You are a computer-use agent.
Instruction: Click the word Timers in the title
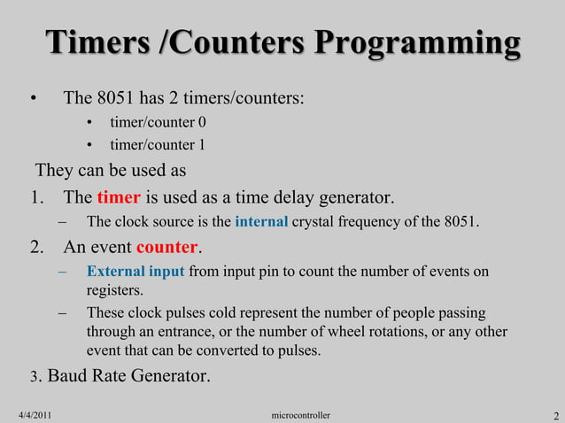tap(87, 45)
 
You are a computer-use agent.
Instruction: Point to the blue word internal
tap(261, 221)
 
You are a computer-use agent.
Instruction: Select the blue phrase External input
tap(135, 272)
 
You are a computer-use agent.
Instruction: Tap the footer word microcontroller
tap(301, 415)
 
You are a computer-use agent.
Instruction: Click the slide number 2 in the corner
tap(554, 416)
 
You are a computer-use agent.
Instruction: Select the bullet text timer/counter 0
tap(158, 122)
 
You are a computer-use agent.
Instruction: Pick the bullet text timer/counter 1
tap(158, 145)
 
